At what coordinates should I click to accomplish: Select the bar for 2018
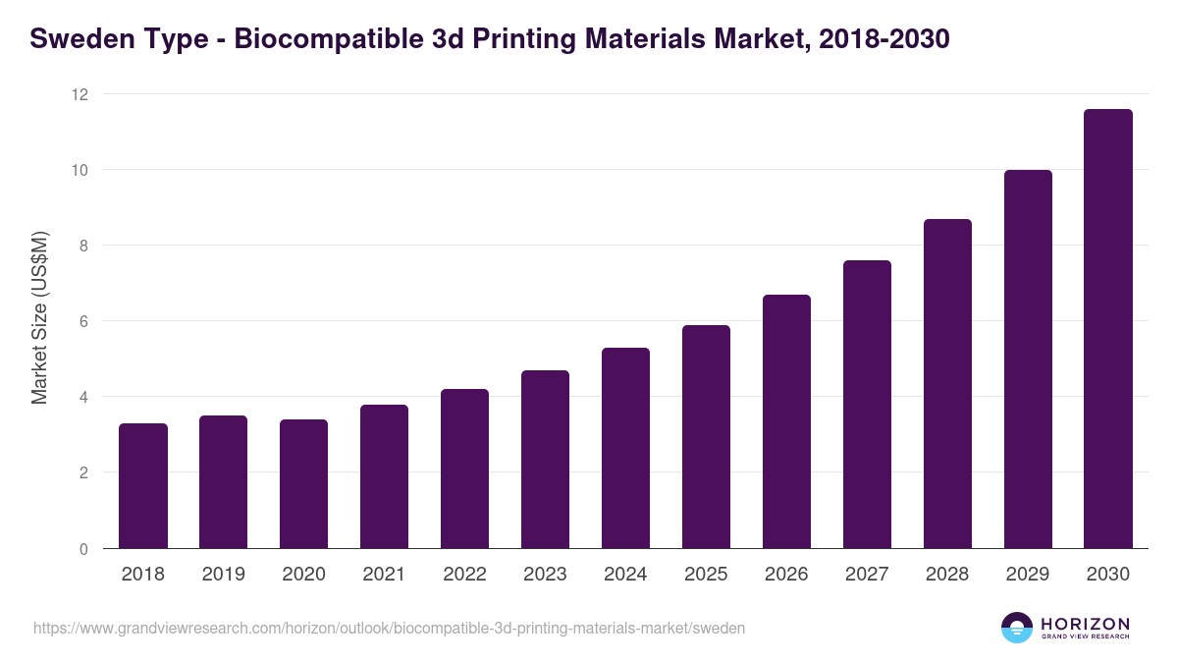click(x=143, y=486)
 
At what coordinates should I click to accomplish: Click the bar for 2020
click(x=304, y=484)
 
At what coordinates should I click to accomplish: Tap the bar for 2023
click(x=545, y=460)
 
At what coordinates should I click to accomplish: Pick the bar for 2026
click(x=786, y=421)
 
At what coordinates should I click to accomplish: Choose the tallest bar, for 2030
click(x=1108, y=329)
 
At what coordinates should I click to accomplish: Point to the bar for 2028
click(x=947, y=384)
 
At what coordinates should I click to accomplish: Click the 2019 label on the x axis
click(x=224, y=575)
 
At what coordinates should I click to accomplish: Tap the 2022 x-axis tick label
click(x=465, y=575)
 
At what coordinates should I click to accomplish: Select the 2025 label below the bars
click(x=707, y=575)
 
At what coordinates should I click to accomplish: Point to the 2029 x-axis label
click(x=1028, y=575)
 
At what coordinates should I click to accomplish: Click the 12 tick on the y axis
click(x=79, y=94)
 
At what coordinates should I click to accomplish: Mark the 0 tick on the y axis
click(x=83, y=549)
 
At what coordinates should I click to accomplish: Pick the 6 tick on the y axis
click(x=83, y=321)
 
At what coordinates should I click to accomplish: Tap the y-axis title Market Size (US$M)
click(x=39, y=317)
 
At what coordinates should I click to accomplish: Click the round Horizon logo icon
click(x=1017, y=628)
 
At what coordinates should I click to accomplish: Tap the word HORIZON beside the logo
click(x=1085, y=623)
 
